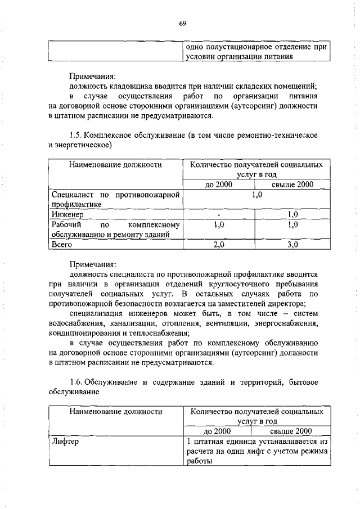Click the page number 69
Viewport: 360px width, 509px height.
183,23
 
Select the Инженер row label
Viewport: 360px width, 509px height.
67,214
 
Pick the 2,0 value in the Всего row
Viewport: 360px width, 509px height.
219,245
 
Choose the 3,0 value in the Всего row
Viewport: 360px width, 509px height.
292,245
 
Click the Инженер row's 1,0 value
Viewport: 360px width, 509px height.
292,214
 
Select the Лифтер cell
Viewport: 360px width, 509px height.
65,442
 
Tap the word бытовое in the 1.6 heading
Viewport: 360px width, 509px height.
302,382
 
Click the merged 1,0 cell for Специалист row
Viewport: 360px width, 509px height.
256,195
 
